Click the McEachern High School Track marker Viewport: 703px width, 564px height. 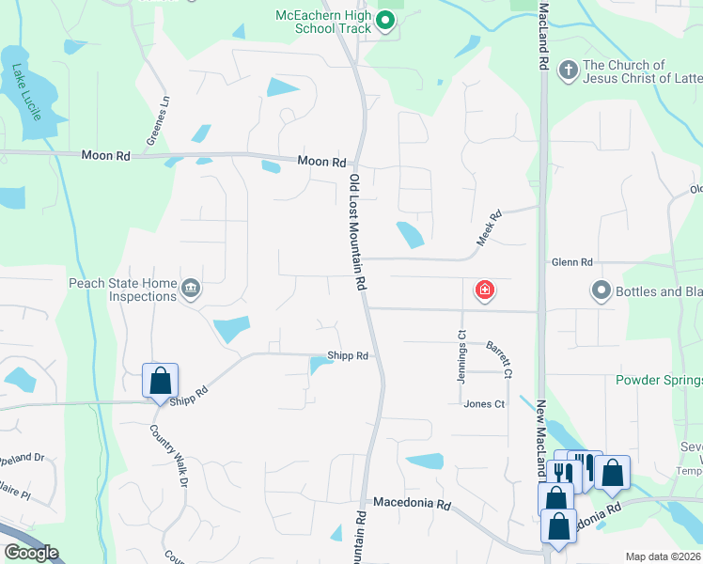384,20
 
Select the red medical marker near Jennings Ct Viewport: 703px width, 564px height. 485,290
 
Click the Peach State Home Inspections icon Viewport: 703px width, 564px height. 191,288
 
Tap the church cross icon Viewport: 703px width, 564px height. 568,70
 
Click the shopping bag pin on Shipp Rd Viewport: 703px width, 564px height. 160,381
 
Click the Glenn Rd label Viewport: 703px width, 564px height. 572,262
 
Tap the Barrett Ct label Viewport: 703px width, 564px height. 499,360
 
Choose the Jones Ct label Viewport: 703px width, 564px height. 484,404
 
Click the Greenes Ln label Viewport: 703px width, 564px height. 156,120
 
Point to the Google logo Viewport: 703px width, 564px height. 31,553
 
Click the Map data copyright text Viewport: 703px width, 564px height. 663,556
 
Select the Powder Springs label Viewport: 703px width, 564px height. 658,380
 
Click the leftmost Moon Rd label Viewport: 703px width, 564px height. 105,155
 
